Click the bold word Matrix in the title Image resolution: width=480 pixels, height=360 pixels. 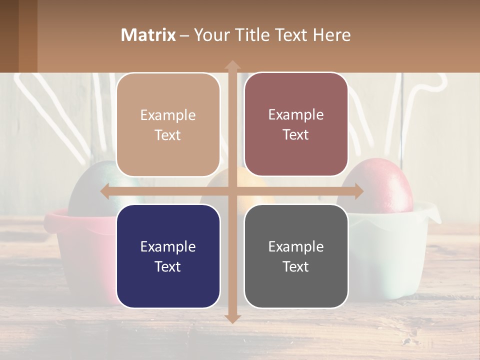click(148, 35)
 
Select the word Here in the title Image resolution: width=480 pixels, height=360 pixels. click(332, 35)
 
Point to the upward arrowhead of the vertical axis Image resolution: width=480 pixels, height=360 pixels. click(232, 65)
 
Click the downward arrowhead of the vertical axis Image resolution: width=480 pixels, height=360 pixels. click(232, 318)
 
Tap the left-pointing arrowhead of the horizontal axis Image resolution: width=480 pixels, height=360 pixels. click(105, 191)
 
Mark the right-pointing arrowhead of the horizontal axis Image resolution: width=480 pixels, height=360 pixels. click(358, 191)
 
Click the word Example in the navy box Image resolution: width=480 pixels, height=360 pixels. click(168, 246)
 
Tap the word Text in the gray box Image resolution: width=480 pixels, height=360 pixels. click(296, 266)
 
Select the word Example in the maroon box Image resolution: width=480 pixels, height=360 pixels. click(296, 115)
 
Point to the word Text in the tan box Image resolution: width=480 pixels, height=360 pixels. click(168, 135)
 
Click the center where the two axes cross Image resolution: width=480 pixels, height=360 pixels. click(232, 191)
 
